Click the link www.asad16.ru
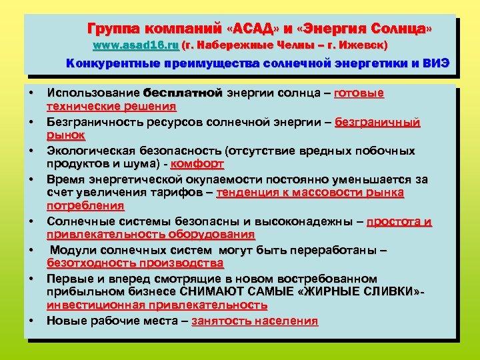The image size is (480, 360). click(136, 45)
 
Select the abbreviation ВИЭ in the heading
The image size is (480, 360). click(437, 64)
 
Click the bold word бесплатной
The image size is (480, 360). click(183, 93)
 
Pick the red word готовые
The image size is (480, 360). click(359, 93)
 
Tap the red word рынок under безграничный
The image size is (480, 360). click(65, 135)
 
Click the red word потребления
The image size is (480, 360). click(85, 205)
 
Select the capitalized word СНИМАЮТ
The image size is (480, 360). click(212, 291)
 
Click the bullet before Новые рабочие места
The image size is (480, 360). click(31, 321)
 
